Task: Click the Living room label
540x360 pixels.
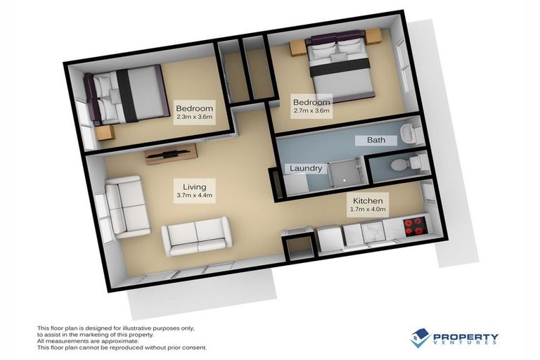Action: [x=194, y=187]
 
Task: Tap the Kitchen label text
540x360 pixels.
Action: [x=368, y=200]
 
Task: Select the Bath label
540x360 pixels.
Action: [x=376, y=140]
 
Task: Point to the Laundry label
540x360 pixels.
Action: [x=306, y=169]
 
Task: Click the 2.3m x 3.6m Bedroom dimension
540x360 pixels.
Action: [x=194, y=118]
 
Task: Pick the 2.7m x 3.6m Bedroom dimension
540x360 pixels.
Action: [x=311, y=111]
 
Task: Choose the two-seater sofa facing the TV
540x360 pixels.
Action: [x=196, y=236]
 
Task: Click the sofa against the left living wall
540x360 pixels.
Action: [x=127, y=207]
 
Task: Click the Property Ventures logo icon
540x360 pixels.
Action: [x=420, y=337]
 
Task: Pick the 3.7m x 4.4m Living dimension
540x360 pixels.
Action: [x=194, y=196]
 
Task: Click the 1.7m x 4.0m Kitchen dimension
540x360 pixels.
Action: [x=368, y=209]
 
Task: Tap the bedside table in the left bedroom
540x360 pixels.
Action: [x=105, y=133]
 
